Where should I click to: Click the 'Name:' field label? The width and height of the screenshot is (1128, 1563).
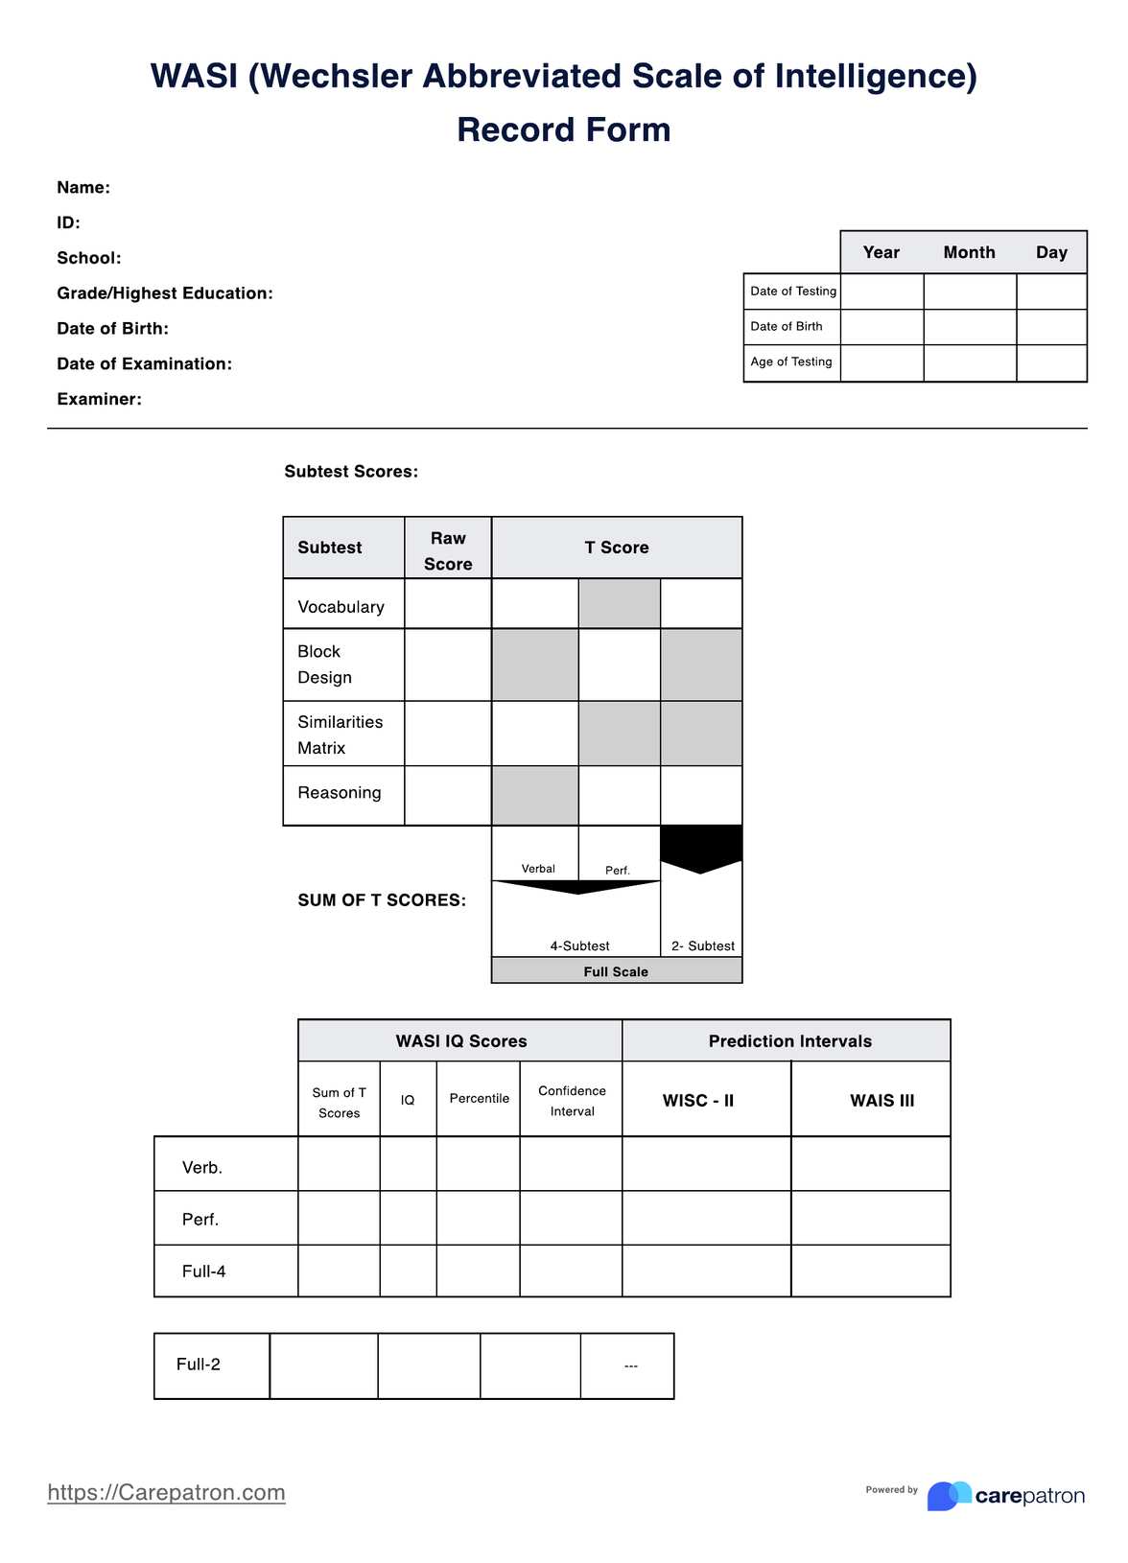point(83,188)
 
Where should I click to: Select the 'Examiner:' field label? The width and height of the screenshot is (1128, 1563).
point(99,399)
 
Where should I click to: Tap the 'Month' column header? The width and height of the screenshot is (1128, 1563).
point(969,252)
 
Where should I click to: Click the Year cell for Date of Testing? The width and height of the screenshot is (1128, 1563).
point(881,292)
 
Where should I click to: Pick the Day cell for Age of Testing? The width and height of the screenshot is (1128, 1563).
point(1051,362)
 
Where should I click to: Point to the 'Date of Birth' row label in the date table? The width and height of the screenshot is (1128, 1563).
point(787,327)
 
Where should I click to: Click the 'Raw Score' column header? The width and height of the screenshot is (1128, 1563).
point(448,550)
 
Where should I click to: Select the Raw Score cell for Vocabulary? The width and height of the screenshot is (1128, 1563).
point(448,604)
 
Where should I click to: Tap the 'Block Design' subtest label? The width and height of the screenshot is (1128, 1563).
point(324,664)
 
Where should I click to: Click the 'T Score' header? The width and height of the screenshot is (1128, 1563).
point(617,548)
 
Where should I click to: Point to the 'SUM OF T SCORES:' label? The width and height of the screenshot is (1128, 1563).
point(382,900)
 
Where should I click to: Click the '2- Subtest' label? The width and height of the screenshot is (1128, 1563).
point(702,945)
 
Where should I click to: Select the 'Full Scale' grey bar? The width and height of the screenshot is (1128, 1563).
point(616,971)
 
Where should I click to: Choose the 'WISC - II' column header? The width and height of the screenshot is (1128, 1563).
point(698,1100)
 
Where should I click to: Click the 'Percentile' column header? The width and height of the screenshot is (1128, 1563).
point(479,1099)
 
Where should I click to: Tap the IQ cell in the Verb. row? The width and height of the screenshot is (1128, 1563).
point(408,1164)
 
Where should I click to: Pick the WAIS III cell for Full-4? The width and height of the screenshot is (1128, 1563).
point(870,1271)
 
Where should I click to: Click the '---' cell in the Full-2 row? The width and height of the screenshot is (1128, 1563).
point(629,1365)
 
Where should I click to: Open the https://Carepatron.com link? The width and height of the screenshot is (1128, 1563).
point(166,1492)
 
